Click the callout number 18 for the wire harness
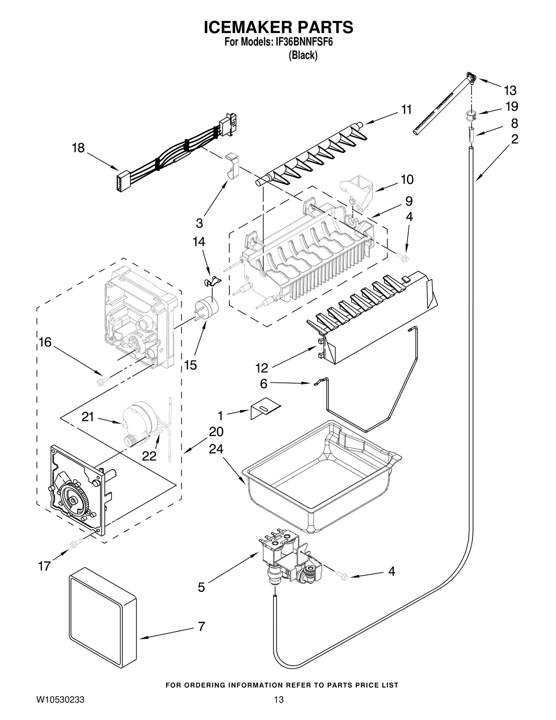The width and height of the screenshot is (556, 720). coord(78,148)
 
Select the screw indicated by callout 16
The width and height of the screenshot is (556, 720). coord(103,381)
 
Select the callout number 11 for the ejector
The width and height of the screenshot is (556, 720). coord(406,110)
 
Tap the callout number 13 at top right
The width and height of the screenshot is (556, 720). coord(510,91)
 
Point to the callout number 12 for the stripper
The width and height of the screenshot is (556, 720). coord(262,367)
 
